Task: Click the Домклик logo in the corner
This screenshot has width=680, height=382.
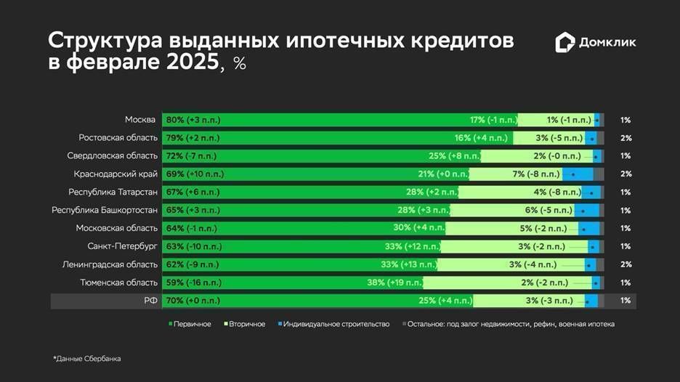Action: (596, 43)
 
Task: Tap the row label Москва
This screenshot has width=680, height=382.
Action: (141, 120)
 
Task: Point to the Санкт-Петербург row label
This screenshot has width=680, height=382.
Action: (122, 246)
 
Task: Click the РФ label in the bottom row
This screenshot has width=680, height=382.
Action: (150, 300)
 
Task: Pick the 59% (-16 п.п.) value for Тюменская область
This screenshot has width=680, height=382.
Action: (193, 283)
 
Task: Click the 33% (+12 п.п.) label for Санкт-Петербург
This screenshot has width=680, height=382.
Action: (413, 246)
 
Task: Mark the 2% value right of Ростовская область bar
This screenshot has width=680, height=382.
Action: (626, 138)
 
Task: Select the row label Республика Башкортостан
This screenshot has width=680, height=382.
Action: (105, 211)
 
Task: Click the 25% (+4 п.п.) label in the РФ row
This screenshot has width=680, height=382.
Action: (445, 300)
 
